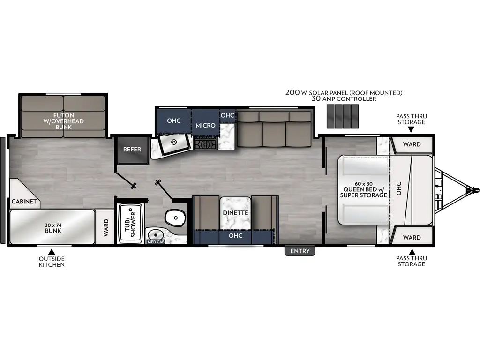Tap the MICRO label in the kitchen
[x=205, y=125]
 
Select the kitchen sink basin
[x=173, y=142]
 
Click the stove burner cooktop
[x=206, y=143]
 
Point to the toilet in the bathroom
[x=175, y=217]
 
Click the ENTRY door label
[x=300, y=251]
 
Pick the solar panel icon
[x=342, y=116]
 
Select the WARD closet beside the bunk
[x=106, y=227]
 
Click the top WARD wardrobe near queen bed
[x=412, y=144]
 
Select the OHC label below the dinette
[x=235, y=236]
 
